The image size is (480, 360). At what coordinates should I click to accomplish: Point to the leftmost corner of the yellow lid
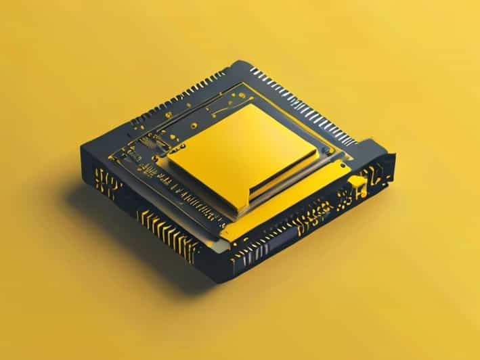point(167,159)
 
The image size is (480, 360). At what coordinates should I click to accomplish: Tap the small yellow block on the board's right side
point(357,183)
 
